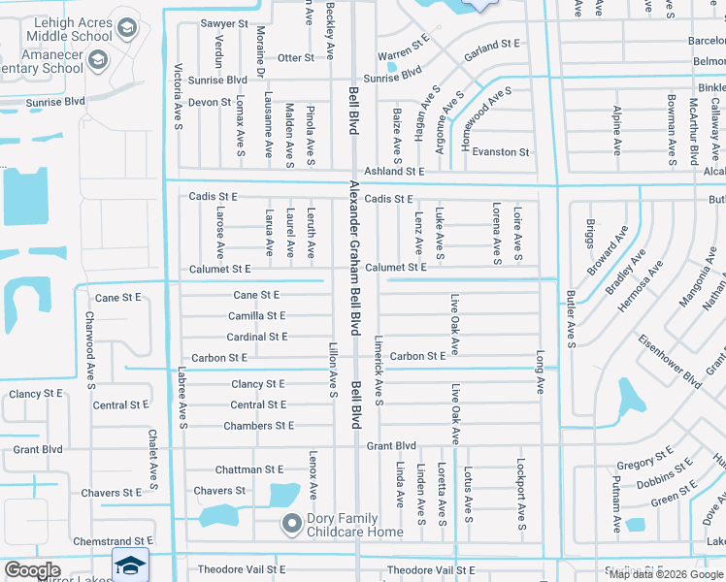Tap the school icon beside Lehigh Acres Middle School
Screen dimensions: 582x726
pos(125,26)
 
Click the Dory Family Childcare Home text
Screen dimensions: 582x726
pos(354,525)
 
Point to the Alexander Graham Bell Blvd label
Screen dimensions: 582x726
pos(355,253)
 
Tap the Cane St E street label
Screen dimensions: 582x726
pos(256,295)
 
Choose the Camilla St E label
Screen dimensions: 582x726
pos(256,316)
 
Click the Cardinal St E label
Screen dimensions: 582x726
pos(256,337)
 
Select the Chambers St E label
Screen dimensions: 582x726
pos(258,426)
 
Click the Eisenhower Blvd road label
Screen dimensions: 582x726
pos(670,361)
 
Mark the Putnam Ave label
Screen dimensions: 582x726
pos(616,511)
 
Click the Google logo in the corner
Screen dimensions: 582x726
pos(32,570)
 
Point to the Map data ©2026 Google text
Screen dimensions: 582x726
pos(665,574)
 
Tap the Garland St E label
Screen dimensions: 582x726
pos(492,46)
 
